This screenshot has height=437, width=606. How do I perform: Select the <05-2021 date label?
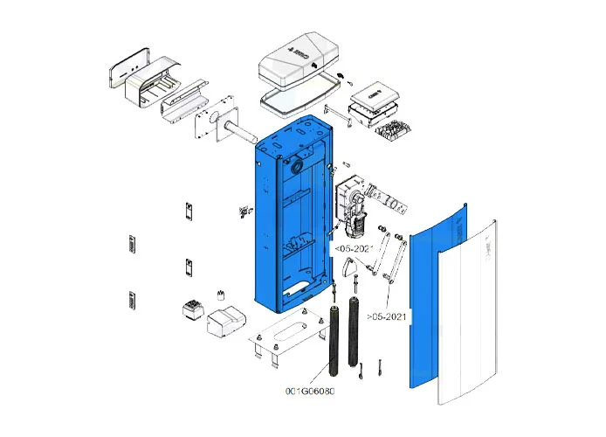pos(354,248)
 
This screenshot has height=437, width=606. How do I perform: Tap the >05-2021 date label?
pos(388,315)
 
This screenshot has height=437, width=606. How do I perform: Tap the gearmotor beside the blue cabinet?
pos(353,205)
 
